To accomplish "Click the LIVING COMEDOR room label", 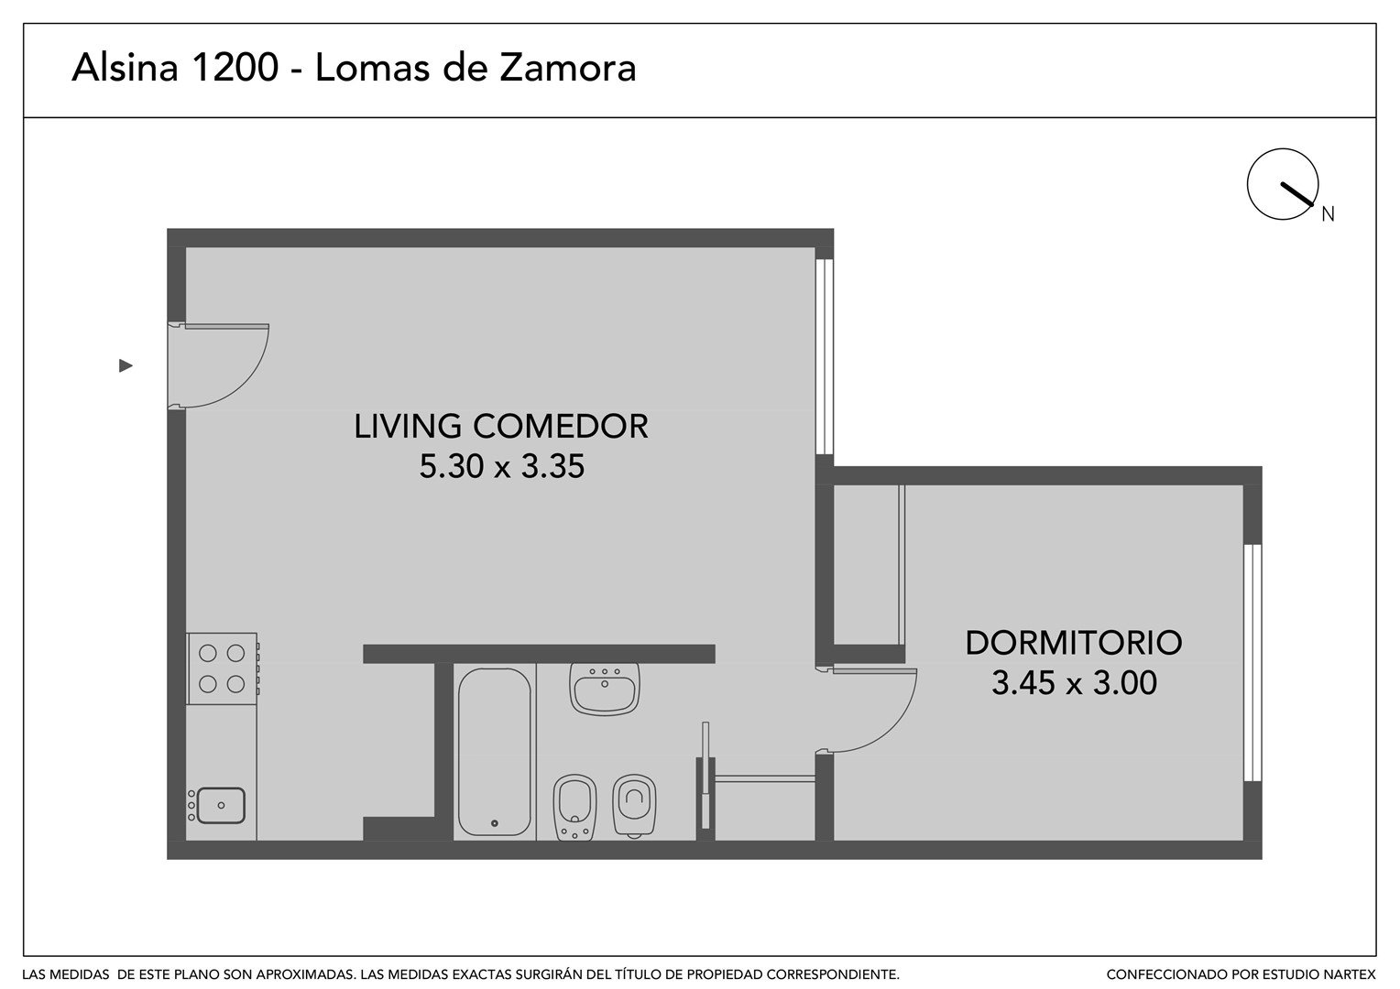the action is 500,426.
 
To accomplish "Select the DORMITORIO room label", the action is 1074,643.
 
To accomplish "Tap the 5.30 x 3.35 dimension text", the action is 502,466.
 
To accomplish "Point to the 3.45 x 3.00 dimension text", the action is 1075,683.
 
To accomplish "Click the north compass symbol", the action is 1283,184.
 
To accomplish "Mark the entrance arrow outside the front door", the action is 126,365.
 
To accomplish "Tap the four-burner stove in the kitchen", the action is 222,669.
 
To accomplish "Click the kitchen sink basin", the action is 221,806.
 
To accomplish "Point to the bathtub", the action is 495,752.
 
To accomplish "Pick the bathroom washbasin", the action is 605,689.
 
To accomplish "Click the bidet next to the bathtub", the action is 574,808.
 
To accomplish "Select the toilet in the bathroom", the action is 634,805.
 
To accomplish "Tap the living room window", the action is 825,357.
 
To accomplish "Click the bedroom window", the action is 1252,663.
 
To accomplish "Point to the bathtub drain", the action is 495,823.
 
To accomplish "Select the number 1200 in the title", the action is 235,68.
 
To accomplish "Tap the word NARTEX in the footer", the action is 1351,974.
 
